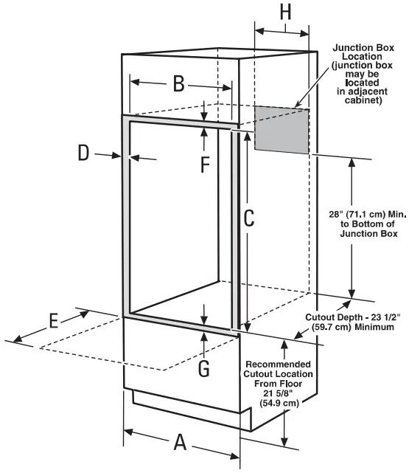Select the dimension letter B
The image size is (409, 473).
178,83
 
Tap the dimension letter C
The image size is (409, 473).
249,218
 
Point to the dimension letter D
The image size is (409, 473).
84,153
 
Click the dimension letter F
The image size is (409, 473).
205,164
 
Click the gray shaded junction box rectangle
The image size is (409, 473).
282,130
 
